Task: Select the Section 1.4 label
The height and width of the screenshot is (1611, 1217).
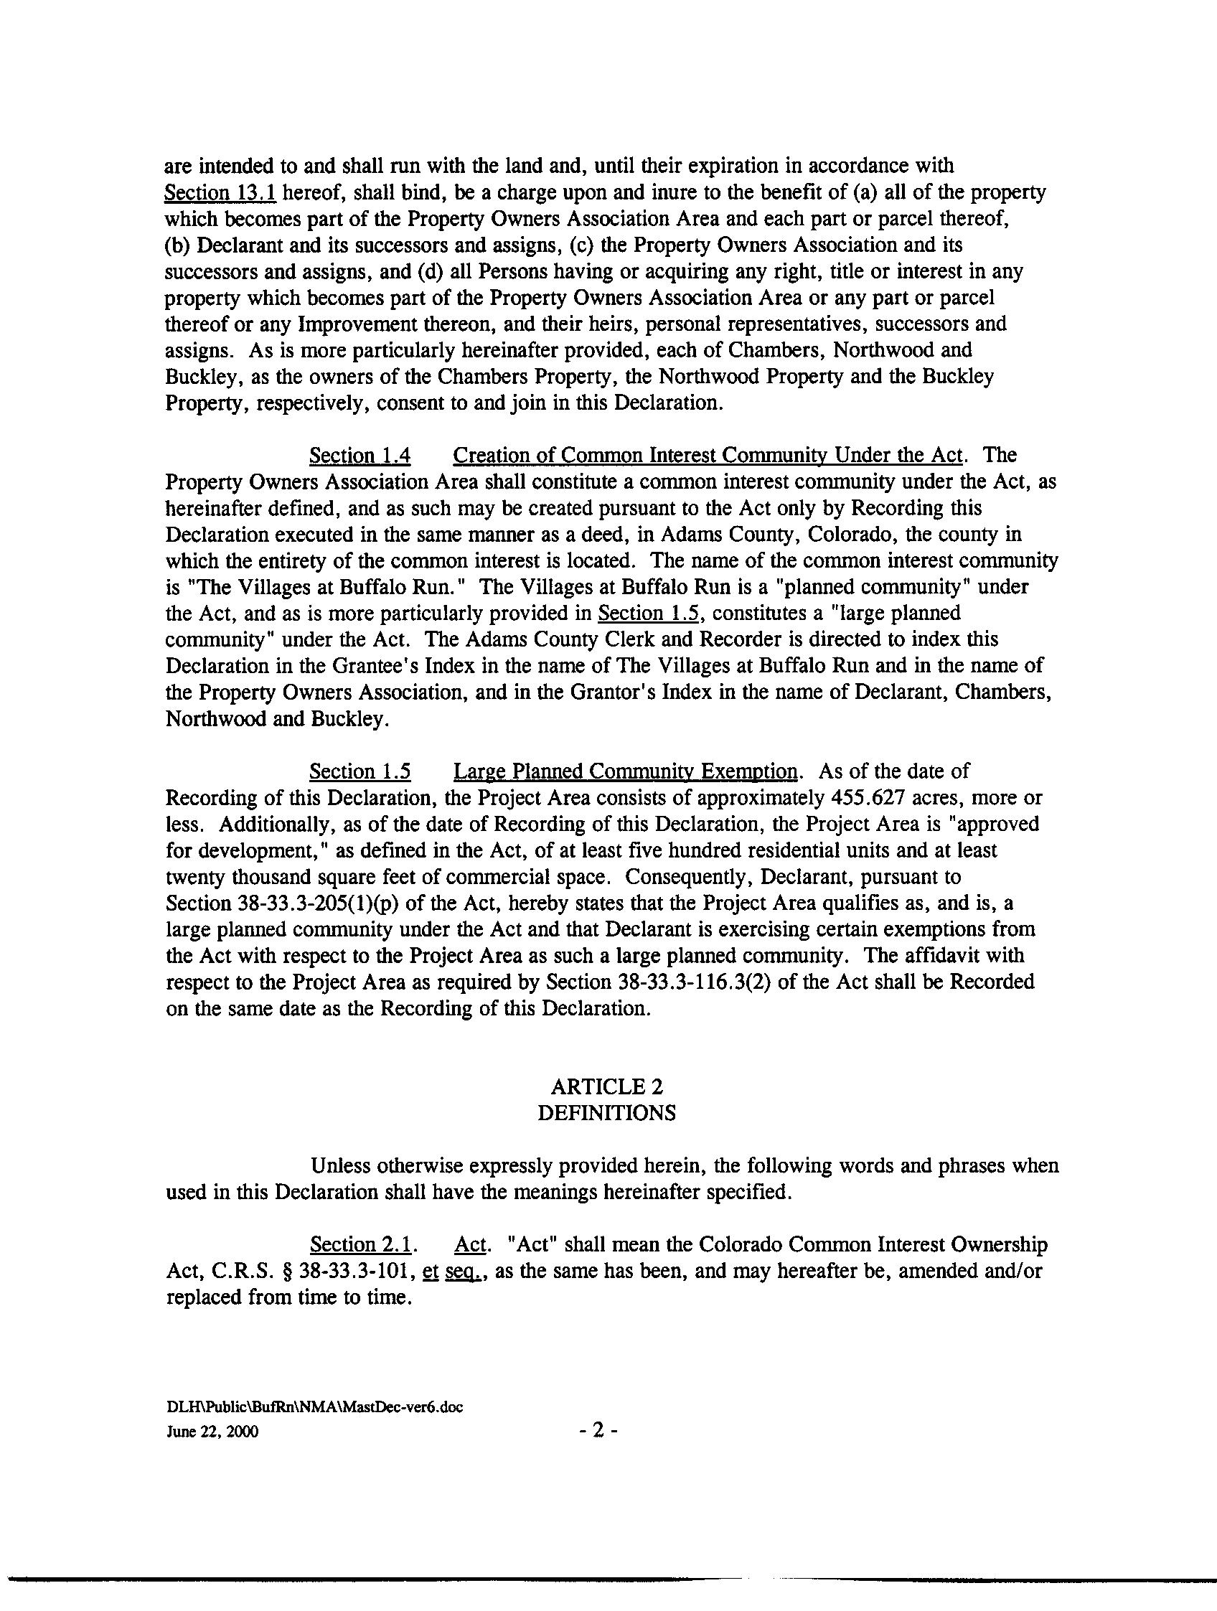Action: coord(360,456)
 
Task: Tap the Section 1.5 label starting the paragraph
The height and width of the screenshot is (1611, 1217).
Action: coord(360,771)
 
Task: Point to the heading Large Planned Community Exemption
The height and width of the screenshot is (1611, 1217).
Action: coord(626,771)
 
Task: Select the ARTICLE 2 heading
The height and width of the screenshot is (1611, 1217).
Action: coord(606,1086)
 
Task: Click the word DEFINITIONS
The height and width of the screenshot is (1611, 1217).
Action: coord(606,1114)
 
